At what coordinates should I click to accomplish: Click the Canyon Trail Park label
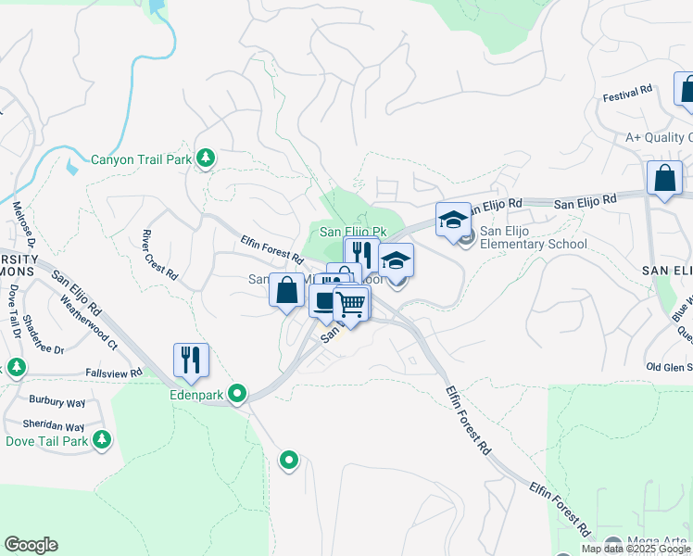(x=141, y=159)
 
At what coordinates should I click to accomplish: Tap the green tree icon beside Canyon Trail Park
(x=206, y=159)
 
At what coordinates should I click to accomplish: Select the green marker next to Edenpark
(x=238, y=394)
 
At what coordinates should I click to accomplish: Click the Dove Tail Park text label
(x=47, y=441)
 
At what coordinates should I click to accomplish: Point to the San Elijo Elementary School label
(x=533, y=238)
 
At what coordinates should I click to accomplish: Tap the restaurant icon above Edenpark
(x=191, y=360)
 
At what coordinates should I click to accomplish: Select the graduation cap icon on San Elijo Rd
(x=453, y=220)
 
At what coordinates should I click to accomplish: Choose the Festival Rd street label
(x=627, y=93)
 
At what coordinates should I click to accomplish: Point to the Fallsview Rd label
(x=113, y=373)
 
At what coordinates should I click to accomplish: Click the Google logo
(x=31, y=545)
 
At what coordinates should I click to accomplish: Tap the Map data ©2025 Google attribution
(x=636, y=549)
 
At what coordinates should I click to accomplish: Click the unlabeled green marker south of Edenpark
(x=289, y=459)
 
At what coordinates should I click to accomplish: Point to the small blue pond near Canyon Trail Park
(x=72, y=168)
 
